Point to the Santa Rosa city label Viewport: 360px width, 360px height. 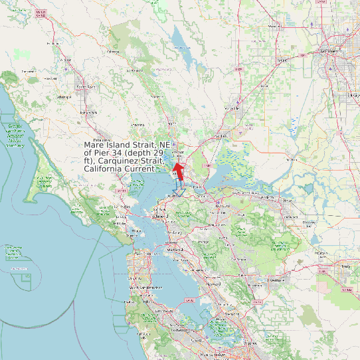[x=86, y=86]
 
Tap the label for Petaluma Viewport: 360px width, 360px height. [x=101, y=141]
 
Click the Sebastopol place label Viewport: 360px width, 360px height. [x=64, y=97]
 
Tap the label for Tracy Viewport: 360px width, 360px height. [x=345, y=267]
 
